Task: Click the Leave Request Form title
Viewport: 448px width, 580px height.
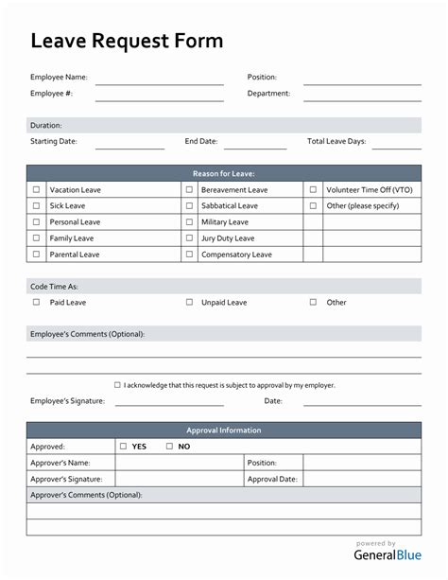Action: click(x=127, y=41)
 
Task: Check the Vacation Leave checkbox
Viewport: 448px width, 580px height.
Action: click(x=37, y=190)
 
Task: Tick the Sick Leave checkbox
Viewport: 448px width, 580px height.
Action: click(x=37, y=206)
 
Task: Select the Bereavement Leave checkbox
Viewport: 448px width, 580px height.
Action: click(x=189, y=190)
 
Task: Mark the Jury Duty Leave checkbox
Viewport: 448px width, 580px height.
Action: click(x=189, y=238)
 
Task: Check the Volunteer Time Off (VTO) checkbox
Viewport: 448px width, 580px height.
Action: click(x=313, y=190)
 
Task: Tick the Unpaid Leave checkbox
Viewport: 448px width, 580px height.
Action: click(x=189, y=303)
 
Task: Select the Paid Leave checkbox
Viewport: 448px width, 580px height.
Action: click(x=37, y=303)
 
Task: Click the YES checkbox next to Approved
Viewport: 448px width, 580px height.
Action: click(x=123, y=447)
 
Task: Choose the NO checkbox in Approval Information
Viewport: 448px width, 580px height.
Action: click(x=169, y=447)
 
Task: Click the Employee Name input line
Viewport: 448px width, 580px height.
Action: click(x=159, y=82)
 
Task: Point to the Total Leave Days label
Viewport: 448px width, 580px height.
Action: click(x=336, y=142)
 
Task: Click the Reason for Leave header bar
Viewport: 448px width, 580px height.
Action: click(x=224, y=173)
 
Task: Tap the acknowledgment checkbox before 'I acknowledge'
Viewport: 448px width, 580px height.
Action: click(x=117, y=385)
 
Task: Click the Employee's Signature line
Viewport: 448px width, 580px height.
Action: click(x=169, y=405)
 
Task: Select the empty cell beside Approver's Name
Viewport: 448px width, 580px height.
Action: click(x=179, y=463)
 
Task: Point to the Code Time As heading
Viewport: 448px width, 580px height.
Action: click(x=54, y=286)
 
